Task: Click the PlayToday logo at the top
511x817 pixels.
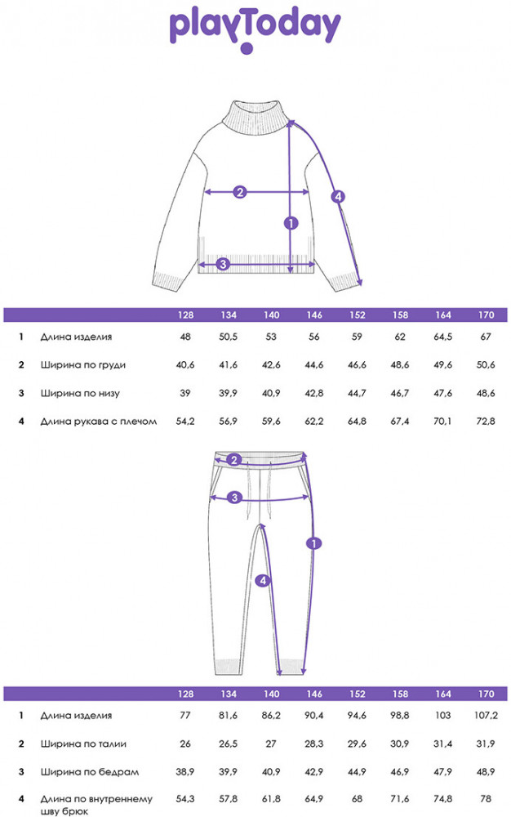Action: tap(255, 31)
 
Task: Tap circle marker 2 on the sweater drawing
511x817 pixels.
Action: tap(239, 192)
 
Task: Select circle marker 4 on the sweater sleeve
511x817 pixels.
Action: tap(338, 196)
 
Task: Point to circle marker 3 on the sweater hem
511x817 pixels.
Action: tap(223, 264)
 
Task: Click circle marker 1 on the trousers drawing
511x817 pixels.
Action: tap(313, 543)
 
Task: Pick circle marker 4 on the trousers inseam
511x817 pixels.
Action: tap(263, 580)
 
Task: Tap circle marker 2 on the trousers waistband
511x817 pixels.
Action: tap(234, 459)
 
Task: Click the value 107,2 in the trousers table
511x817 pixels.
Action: tap(486, 716)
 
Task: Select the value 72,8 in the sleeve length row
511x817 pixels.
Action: tap(486, 421)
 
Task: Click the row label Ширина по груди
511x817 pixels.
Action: tap(83, 364)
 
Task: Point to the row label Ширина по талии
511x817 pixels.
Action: tap(83, 743)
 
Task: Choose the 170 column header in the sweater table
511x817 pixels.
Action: tap(486, 315)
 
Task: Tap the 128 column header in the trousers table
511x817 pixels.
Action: tap(185, 694)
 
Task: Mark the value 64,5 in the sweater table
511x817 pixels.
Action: tap(442, 337)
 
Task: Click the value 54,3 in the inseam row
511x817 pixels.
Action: tap(185, 798)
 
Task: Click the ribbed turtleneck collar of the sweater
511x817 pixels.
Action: tap(255, 118)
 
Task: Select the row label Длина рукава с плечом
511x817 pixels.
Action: tap(99, 421)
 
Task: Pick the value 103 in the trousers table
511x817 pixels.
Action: tap(442, 716)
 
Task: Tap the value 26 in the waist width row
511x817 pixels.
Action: tap(185, 743)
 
